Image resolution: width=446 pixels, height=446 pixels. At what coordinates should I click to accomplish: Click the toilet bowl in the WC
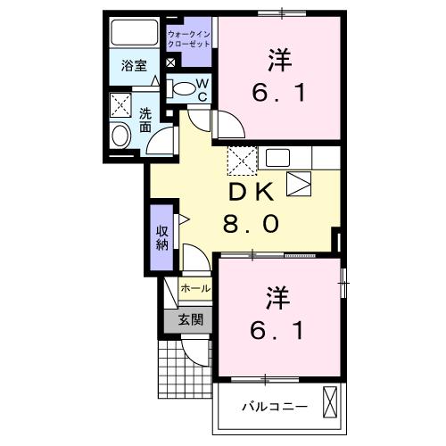181,88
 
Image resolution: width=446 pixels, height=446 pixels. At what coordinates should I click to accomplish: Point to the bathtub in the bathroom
133,33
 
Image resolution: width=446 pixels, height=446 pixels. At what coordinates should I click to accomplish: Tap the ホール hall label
195,289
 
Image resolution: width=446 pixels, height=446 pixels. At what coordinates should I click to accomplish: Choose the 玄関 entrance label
190,318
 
